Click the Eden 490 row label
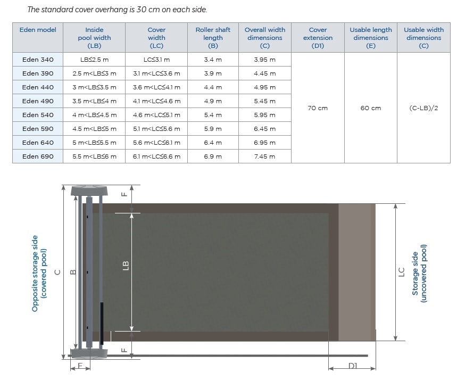coord(38,101)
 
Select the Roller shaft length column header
coord(213,38)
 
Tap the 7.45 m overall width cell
coord(264,156)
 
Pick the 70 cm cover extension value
coord(318,108)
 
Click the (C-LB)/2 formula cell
coord(423,108)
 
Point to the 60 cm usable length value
coord(370,108)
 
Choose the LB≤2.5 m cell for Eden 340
coord(94,60)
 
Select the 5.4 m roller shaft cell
coord(213,115)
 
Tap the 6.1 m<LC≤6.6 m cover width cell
coord(156,156)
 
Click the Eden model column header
coord(38,30)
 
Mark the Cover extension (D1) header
coord(318,38)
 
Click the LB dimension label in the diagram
coord(126,266)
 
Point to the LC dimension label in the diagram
coord(402,272)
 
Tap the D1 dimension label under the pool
coord(353,366)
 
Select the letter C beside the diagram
coord(57,272)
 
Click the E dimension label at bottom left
coord(80,366)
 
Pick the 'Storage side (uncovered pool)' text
coord(419,274)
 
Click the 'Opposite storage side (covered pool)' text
coord(39,274)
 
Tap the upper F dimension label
coord(124,194)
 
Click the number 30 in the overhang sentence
coord(141,10)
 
